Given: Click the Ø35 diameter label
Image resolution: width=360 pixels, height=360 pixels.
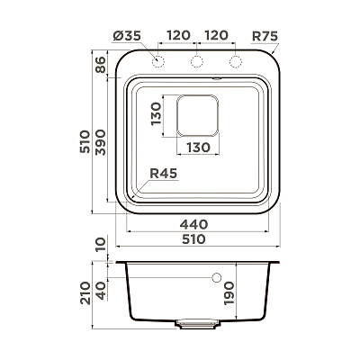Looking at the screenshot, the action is (x=127, y=36).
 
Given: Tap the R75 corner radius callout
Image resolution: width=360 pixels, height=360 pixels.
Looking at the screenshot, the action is (x=265, y=36).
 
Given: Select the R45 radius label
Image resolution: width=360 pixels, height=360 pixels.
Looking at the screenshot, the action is (x=164, y=174).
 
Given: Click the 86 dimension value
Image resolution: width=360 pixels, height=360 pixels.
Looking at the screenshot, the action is (x=101, y=65).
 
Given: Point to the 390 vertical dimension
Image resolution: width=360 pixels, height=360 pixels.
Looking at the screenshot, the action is (x=101, y=142).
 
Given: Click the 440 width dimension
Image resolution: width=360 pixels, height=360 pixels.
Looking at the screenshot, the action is (x=193, y=224).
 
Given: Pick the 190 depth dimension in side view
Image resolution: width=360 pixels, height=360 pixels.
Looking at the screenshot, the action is (x=229, y=293).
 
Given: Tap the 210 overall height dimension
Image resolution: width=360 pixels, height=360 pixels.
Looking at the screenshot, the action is (x=85, y=293).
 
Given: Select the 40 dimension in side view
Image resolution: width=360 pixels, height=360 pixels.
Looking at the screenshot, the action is (x=101, y=291).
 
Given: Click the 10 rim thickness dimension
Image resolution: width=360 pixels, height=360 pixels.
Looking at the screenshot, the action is (x=101, y=245).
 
